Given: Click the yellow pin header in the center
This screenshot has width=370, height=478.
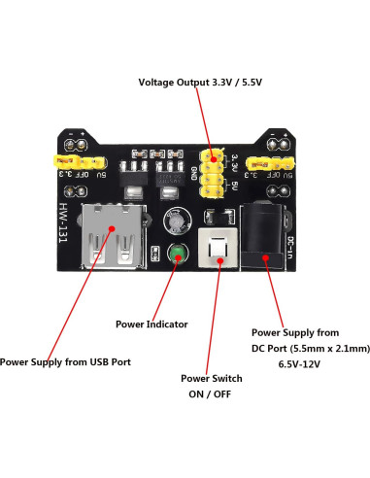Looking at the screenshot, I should tap(213, 172).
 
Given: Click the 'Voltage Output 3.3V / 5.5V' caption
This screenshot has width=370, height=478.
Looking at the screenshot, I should tap(201, 82).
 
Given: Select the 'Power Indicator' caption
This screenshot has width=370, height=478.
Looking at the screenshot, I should tap(151, 324).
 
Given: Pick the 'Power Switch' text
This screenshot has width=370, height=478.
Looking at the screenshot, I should tap(212, 378).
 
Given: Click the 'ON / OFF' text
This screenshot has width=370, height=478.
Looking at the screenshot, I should tap(212, 394).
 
